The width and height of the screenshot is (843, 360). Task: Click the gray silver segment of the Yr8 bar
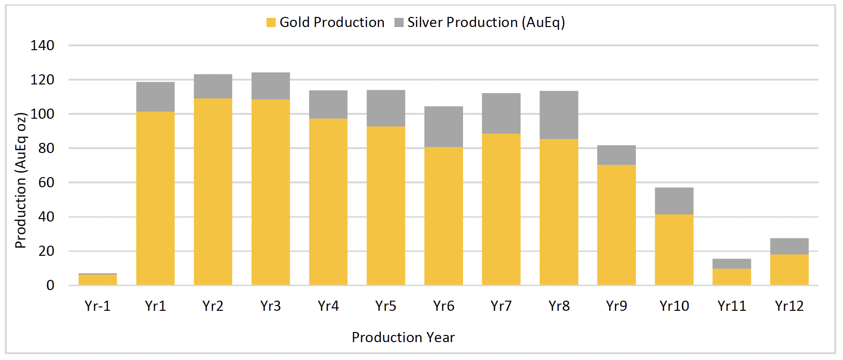pos(559,115)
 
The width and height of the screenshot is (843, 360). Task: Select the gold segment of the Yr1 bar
pos(155,198)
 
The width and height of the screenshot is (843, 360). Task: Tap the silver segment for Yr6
pos(443,126)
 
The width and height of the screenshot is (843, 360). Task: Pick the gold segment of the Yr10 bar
pos(674,249)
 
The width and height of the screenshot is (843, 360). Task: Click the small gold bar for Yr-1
pos(98,279)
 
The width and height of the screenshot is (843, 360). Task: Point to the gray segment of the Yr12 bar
pos(789,246)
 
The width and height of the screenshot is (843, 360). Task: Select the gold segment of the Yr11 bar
pos(731,277)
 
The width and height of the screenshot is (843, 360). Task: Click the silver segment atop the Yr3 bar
pos(270,86)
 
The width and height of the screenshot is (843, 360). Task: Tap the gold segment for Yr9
pos(616,224)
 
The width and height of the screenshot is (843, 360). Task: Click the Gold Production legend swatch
pos(271,22)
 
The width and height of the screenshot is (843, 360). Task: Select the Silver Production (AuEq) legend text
pos(486,22)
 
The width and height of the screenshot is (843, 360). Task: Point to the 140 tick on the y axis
pos(42,45)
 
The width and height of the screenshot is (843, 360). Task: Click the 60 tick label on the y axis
pos(46,182)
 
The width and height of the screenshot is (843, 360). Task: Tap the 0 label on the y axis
pos(50,285)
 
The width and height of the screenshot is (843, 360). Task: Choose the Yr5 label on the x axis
pos(386,306)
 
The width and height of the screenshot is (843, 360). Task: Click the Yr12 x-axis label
pos(789,306)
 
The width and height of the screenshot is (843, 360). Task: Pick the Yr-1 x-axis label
pos(98,306)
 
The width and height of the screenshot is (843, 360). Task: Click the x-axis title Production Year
pos(403,337)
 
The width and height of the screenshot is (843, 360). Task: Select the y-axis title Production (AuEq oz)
pos(20,180)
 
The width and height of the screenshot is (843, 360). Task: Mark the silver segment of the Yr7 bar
pos(501,113)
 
